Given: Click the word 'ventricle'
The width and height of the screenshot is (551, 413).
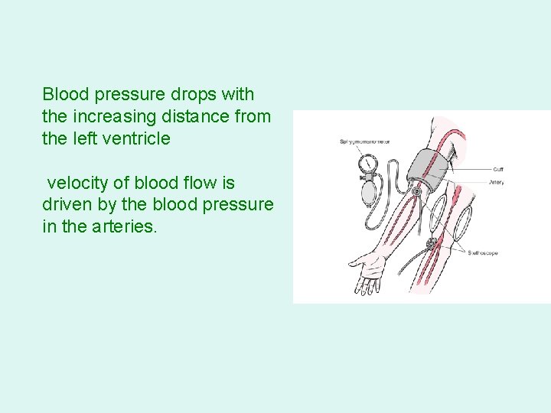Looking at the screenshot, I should (x=135, y=138).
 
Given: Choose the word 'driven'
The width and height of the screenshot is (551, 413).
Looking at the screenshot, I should (x=66, y=205).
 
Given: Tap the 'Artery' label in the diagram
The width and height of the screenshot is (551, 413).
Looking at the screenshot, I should (x=496, y=182).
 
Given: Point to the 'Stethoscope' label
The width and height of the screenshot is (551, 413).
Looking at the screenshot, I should (x=483, y=253).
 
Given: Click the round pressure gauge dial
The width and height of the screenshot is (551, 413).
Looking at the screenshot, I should (x=367, y=164).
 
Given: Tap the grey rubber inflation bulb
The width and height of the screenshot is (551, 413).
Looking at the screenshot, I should (x=370, y=188).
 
